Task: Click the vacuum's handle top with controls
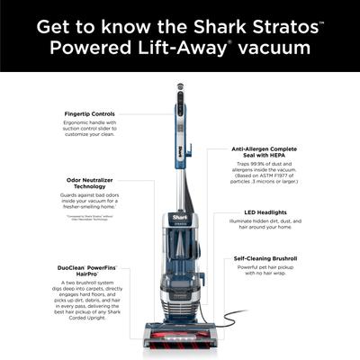(179, 93)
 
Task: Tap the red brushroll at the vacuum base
(179, 344)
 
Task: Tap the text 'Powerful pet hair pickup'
(262, 268)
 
